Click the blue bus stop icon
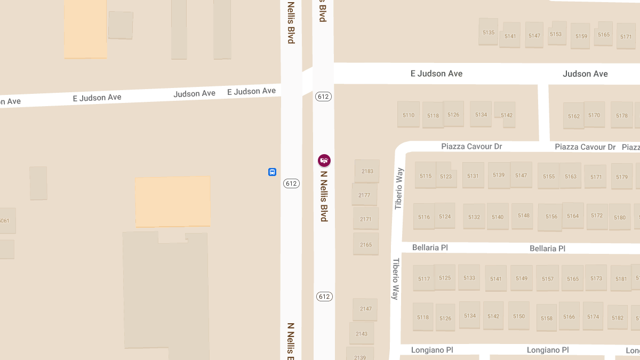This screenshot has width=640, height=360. [x=272, y=172]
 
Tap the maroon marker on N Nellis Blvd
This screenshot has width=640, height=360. [x=324, y=160]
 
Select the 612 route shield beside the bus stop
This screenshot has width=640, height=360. [x=291, y=183]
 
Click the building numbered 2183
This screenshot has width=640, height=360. [x=367, y=171]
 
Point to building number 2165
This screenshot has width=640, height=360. [x=366, y=244]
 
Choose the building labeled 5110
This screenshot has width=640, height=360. [x=409, y=115]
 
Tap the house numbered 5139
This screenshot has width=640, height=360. [x=499, y=175]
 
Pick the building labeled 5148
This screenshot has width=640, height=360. [x=524, y=215]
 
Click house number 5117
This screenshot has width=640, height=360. [x=424, y=278]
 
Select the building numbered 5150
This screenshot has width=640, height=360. [x=519, y=316]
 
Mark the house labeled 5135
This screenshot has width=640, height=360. [x=489, y=33]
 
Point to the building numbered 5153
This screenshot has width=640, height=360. [x=556, y=34]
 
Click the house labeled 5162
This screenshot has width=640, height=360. [x=574, y=116]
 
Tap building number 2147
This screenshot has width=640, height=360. [x=365, y=309]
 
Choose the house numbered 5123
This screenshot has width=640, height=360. [x=446, y=176]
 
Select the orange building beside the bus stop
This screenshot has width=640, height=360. [x=173, y=201]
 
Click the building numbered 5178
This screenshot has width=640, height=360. [x=622, y=115]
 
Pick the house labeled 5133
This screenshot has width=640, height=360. [x=469, y=277]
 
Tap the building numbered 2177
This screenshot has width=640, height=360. [x=364, y=195]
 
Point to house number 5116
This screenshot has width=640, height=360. [x=424, y=217]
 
